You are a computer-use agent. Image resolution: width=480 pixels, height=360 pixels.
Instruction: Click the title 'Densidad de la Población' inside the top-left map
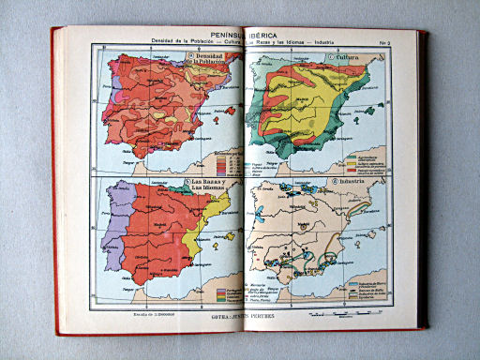click(x=212, y=61)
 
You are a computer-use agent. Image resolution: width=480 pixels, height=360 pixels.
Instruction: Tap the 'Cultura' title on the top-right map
click(x=348, y=58)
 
